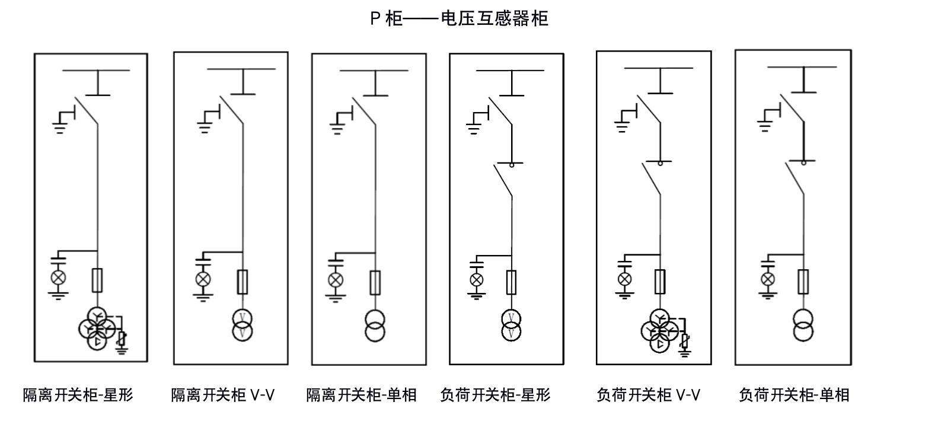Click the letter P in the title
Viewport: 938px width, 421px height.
[375, 19]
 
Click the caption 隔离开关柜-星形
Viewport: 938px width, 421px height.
[78, 395]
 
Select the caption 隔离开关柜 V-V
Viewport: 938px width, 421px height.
[223, 395]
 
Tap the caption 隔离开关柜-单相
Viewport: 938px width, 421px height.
[361, 395]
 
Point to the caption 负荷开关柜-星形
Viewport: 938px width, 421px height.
[495, 395]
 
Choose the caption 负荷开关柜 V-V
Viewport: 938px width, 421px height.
[648, 395]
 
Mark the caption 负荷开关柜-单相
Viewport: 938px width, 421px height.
[794, 395]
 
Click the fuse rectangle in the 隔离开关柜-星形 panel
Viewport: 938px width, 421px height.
[98, 279]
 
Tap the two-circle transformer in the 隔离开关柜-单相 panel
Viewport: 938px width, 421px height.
[375, 325]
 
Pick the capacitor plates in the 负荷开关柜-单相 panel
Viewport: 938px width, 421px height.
[768, 260]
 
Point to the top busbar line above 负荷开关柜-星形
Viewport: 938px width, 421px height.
[510, 71]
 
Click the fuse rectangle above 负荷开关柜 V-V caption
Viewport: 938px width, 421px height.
[659, 281]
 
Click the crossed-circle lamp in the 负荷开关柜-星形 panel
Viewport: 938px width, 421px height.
[476, 280]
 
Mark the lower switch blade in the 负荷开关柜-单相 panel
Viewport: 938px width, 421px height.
[795, 177]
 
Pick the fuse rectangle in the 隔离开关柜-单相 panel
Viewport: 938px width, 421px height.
[375, 282]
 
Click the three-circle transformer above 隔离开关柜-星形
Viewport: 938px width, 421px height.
[95, 328]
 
